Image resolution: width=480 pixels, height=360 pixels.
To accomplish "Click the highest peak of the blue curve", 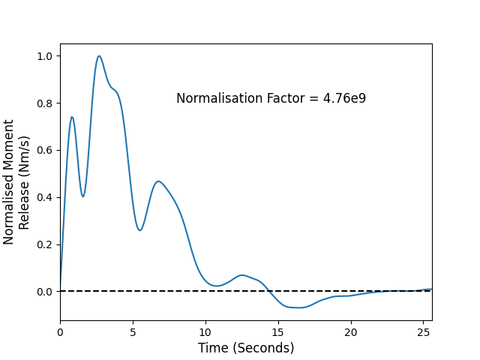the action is click(x=99, y=56).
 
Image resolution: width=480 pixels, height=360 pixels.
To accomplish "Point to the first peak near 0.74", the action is click(x=72, y=117).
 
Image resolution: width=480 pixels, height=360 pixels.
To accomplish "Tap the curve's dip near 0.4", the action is click(x=83, y=196).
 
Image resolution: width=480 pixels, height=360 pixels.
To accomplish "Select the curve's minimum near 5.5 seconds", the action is click(x=139, y=230).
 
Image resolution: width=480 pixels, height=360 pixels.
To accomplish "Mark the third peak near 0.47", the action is click(x=158, y=181).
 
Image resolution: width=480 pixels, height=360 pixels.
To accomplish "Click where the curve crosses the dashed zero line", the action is click(x=268, y=291).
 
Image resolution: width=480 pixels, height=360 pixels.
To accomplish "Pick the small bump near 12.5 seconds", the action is click(x=242, y=275).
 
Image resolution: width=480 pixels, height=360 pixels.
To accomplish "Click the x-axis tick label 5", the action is click(x=133, y=332).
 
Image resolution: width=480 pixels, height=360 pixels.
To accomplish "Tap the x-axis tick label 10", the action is click(x=205, y=332).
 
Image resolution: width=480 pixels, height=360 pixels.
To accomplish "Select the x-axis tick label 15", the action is click(x=277, y=332).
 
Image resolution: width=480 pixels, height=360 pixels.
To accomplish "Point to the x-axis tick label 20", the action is click(x=350, y=332).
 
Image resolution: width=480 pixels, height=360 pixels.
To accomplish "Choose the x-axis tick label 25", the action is click(x=423, y=332).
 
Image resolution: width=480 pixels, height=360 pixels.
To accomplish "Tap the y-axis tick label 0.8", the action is click(x=45, y=103).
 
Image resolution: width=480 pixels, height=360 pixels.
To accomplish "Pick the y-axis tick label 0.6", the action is click(x=45, y=151).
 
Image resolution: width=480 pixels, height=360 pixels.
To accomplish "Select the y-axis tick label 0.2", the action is click(x=45, y=245).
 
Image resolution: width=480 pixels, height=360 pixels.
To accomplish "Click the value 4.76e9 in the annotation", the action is click(x=344, y=98).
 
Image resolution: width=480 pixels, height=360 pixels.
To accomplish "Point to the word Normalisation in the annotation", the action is click(x=220, y=98).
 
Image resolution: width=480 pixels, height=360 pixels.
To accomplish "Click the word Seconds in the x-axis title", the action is click(x=263, y=348).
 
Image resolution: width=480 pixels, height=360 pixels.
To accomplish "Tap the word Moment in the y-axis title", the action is click(x=8, y=145).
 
